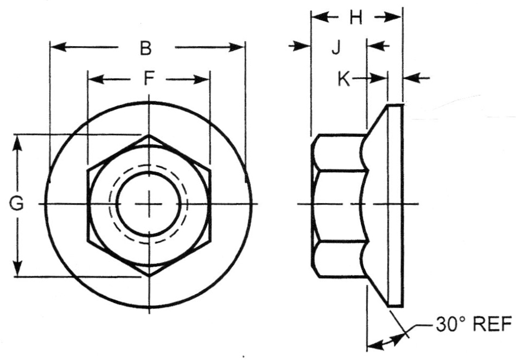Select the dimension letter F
149,79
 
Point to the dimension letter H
355,18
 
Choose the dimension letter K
343,79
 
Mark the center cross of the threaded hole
149,204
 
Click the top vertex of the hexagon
149,134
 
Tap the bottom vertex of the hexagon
149,276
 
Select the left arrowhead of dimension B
56,47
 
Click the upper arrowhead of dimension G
18,142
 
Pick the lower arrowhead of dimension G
18,269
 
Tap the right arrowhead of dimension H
394,17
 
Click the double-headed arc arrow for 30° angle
386,342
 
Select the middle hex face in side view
339,205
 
